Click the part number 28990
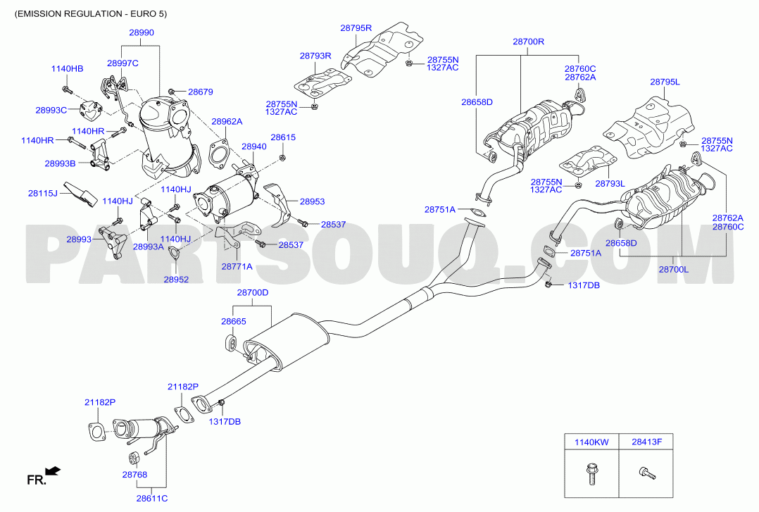tap(142, 33)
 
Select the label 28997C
tap(123, 63)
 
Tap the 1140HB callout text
tap(68, 69)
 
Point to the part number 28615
tap(283, 137)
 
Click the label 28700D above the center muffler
tap(252, 292)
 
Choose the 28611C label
tap(152, 498)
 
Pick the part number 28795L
tap(665, 82)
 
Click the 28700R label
tap(528, 42)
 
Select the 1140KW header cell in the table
tap(591, 442)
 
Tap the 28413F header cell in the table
tap(646, 442)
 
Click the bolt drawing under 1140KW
tap(591, 474)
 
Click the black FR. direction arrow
tap(52, 470)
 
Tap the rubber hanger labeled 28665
tap(231, 342)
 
